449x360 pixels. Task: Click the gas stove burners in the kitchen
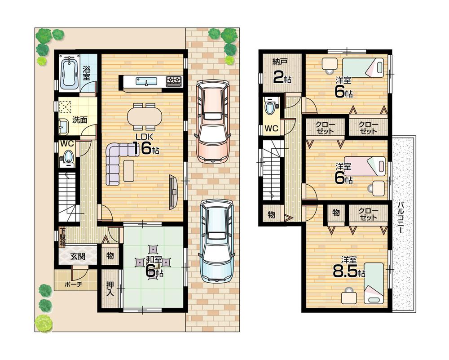pyautogui.click(x=174, y=82)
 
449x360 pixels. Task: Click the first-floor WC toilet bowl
pyautogui.click(x=68, y=157)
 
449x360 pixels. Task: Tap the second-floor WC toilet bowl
pyautogui.click(x=270, y=108)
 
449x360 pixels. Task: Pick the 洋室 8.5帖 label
pyautogui.click(x=349, y=268)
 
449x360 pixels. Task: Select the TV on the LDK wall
pyautogui.click(x=173, y=191)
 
